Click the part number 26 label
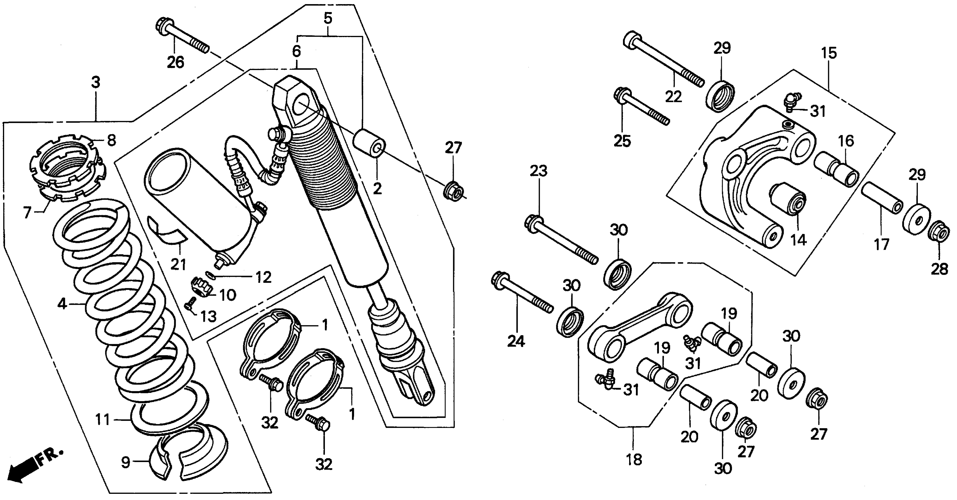(175, 62)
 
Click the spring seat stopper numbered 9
(186, 455)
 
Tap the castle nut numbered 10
(201, 288)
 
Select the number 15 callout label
(829, 54)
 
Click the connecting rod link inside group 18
(639, 327)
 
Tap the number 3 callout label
(96, 82)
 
